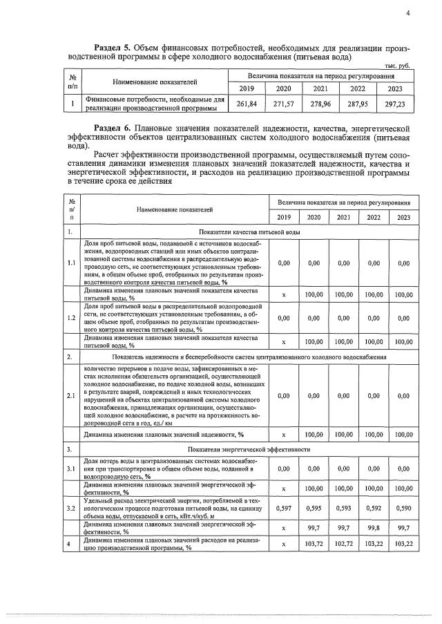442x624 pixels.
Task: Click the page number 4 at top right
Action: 407,12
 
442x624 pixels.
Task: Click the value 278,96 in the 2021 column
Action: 320,104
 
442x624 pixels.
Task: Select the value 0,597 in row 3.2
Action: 283,508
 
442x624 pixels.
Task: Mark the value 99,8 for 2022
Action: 374,527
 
